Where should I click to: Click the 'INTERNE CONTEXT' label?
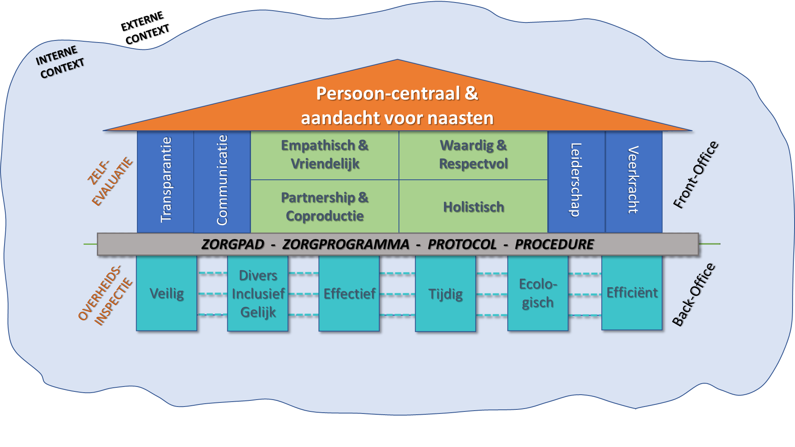pyautogui.click(x=60, y=63)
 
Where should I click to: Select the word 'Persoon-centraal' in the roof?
pyautogui.click(x=388, y=94)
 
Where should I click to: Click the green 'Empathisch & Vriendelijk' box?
pyautogui.click(x=325, y=155)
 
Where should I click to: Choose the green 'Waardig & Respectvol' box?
pyautogui.click(x=473, y=155)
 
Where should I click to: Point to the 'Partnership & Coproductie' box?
pyautogui.click(x=325, y=206)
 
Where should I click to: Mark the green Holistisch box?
pyautogui.click(x=473, y=207)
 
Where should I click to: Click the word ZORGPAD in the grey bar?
pyautogui.click(x=233, y=244)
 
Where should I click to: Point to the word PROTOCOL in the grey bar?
pyautogui.click(x=462, y=244)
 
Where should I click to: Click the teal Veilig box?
pyautogui.click(x=166, y=293)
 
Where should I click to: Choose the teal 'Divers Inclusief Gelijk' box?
pyautogui.click(x=258, y=293)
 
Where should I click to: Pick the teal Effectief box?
pyautogui.click(x=349, y=293)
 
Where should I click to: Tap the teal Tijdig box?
pyautogui.click(x=446, y=294)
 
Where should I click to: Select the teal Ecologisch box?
pyautogui.click(x=537, y=293)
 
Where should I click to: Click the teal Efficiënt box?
pyautogui.click(x=632, y=293)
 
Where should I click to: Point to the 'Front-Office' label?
pyautogui.click(x=695, y=175)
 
